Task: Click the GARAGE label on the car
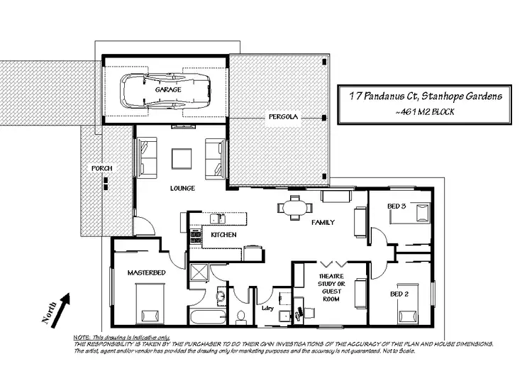click(168, 90)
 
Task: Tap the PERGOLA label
click(283, 115)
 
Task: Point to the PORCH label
click(101, 168)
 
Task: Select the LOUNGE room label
click(182, 189)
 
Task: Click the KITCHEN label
click(223, 234)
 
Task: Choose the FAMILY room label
click(323, 222)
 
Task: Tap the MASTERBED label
click(146, 272)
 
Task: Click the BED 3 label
click(397, 206)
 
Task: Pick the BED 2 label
click(399, 293)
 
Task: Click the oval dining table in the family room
click(295, 207)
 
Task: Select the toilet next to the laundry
click(240, 315)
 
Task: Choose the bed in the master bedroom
click(148, 303)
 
